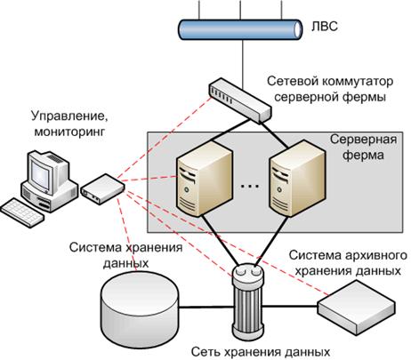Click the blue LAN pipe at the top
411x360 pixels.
tap(240, 29)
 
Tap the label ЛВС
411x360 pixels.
tap(325, 27)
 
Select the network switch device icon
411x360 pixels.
tap(239, 100)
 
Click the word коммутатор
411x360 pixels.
tap(358, 81)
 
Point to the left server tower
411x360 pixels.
tap(205, 178)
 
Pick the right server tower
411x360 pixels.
tap(297, 178)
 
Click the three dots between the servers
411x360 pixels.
tap(250, 186)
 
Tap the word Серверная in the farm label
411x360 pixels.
tap(363, 140)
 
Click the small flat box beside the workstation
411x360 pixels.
tap(102, 189)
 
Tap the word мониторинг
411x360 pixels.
tap(69, 131)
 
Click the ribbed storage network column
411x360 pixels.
tap(248, 301)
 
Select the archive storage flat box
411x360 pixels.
tap(357, 308)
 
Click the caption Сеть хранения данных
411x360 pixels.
tap(261, 352)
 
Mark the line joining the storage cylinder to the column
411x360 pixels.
tap(205, 308)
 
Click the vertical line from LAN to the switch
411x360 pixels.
tap(243, 64)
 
